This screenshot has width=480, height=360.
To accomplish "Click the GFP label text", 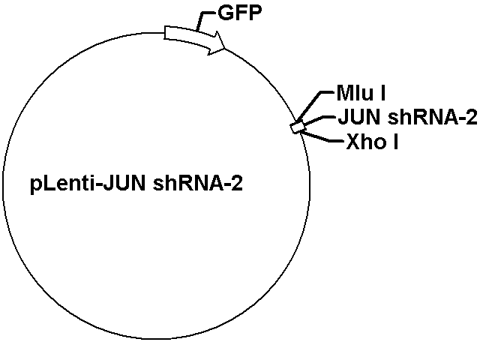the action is pos(240,13).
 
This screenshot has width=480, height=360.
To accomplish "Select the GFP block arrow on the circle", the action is pos(195,39).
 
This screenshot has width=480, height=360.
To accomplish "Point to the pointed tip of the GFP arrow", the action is pos(226,48).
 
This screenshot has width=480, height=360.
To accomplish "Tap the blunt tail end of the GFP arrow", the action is pos(165,33).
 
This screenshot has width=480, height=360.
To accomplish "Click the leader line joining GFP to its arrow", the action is pos(204,19).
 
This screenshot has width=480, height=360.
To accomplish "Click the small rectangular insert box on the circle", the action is pos(297,127).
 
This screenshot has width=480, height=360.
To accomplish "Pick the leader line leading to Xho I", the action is pos(322,136).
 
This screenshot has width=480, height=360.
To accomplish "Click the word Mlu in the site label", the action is pos(355,93).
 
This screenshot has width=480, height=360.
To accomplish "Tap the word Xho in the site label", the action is pos(365,142).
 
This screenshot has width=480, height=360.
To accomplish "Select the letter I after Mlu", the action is pos(382,93).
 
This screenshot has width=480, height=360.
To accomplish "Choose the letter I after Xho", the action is pos(395,142).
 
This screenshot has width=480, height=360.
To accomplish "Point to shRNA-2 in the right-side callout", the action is pos(432,117).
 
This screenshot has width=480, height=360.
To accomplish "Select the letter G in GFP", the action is pos(225,13).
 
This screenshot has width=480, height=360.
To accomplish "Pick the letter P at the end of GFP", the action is pos(256,13).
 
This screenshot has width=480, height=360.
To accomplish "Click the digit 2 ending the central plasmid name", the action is pos(237,184).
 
